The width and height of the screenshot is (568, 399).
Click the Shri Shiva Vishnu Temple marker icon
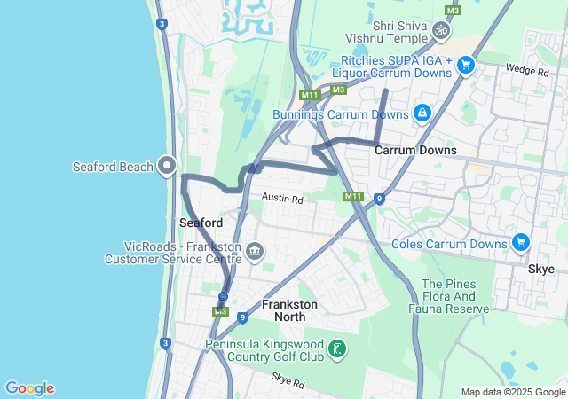(440, 31)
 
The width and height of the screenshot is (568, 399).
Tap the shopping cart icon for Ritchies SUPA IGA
(466, 65)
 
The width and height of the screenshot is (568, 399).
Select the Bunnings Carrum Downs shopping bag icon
(422, 113)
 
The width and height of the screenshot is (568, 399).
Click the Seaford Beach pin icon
(166, 165)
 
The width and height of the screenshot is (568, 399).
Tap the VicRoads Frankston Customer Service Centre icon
(255, 252)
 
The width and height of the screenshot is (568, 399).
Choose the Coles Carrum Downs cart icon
(520, 243)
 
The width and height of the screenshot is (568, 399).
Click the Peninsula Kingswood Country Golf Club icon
(337, 349)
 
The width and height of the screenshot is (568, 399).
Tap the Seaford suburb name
(201, 222)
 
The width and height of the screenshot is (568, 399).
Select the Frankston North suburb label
(289, 310)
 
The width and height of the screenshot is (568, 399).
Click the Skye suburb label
(540, 269)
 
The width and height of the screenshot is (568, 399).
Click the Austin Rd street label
(282, 200)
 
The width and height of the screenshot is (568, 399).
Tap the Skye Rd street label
(288, 384)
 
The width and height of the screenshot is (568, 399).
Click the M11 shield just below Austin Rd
(352, 196)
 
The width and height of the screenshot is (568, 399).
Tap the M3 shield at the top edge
(453, 10)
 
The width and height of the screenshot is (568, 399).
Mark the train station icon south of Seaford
(223, 296)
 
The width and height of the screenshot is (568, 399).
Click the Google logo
(29, 388)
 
